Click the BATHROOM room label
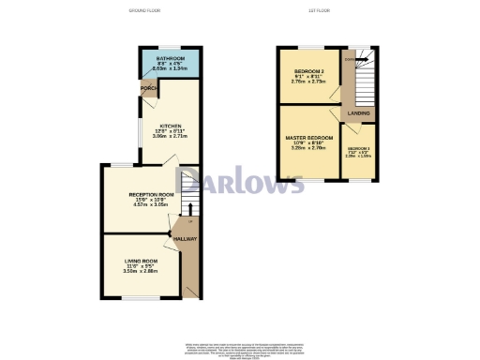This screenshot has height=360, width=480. click(x=170, y=57)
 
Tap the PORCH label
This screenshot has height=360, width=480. click(x=147, y=88)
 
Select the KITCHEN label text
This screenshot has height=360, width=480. click(x=170, y=126)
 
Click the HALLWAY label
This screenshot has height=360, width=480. click(x=184, y=239)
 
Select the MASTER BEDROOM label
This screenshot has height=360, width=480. click(x=309, y=138)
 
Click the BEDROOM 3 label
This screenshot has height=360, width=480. click(x=358, y=149)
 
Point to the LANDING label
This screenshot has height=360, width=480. click(x=358, y=113)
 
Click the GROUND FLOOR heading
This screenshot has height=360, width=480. click(x=144, y=10)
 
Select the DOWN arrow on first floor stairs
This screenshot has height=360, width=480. click(x=351, y=60)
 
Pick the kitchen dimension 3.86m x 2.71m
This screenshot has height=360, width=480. click(x=170, y=137)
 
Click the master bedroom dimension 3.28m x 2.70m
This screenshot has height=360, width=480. click(x=309, y=149)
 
